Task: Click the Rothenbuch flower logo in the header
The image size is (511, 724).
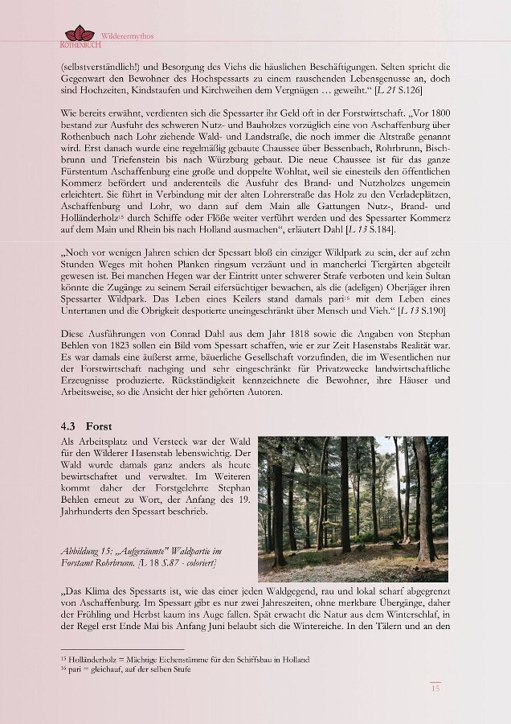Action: pyautogui.click(x=80, y=34)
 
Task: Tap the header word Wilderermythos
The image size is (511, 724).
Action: pyautogui.click(x=127, y=37)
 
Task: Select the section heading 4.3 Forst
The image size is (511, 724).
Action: pyautogui.click(x=86, y=426)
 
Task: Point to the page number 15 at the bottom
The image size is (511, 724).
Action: pyautogui.click(x=435, y=688)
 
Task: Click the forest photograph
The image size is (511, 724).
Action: pyautogui.click(x=353, y=508)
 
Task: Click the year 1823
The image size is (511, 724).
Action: pyautogui.click(x=116, y=345)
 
